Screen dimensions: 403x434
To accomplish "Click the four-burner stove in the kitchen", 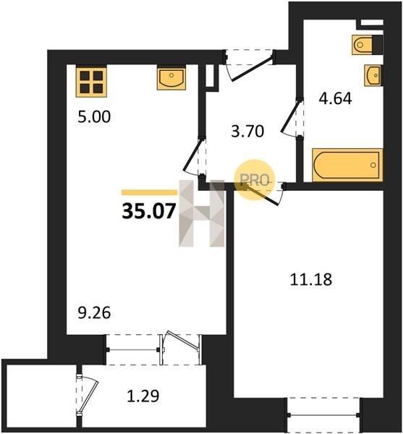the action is [91, 82].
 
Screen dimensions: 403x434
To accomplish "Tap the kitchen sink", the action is [171, 79].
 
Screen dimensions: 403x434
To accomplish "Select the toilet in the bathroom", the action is [368, 45].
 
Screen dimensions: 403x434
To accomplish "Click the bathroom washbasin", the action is [373, 75].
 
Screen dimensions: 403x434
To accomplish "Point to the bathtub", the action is [347, 165].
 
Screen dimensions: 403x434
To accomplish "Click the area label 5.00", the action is [94, 116].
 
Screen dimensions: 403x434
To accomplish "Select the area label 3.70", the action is [247, 131].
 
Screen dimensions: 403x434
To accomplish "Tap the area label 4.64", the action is [335, 98].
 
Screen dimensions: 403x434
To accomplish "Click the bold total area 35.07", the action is [149, 211].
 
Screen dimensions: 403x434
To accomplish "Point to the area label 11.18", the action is [311, 279].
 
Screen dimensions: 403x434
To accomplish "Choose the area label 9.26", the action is [94, 312].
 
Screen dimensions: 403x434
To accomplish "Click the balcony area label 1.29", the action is [143, 396].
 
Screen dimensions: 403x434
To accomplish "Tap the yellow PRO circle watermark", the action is [255, 180].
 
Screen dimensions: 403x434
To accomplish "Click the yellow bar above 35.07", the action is [150, 192].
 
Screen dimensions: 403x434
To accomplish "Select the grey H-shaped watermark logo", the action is [201, 213].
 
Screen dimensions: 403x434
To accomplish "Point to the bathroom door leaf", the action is [290, 116].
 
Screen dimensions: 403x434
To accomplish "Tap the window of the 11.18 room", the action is [323, 415].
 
